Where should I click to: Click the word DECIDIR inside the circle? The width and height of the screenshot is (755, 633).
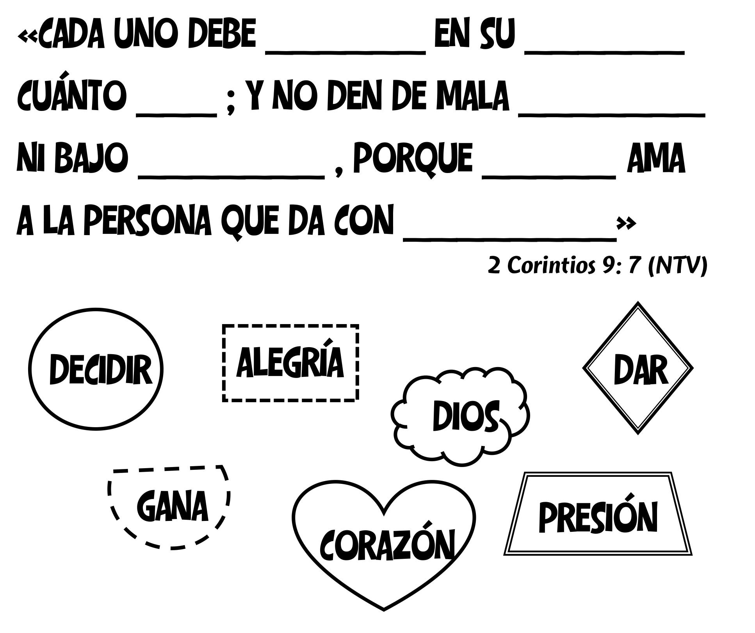[100, 369]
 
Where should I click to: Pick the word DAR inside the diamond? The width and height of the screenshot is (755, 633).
[640, 370]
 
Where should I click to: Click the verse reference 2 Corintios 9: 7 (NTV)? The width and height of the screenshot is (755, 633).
[597, 266]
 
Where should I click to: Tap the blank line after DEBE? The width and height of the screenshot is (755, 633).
[345, 52]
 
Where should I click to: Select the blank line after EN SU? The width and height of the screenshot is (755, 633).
[604, 52]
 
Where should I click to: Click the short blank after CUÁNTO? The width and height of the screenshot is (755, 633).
[176, 114]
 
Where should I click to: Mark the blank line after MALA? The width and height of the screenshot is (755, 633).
[611, 114]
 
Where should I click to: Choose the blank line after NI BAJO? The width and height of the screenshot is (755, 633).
[231, 177]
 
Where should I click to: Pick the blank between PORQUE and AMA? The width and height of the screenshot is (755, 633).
[549, 177]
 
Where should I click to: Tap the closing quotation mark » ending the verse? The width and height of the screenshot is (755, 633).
[626, 223]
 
